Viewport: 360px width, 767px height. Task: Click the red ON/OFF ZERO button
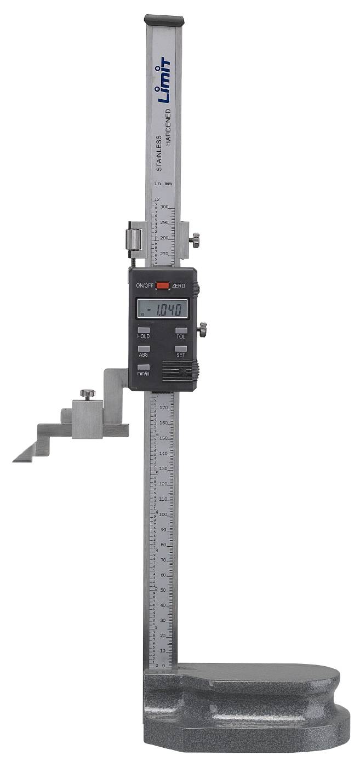(162, 285)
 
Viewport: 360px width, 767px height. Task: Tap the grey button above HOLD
(144, 330)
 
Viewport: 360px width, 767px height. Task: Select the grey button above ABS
(144, 348)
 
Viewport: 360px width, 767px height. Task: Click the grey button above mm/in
(144, 367)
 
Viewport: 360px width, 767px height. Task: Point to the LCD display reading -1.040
(162, 308)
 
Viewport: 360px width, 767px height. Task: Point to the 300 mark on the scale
(164, 207)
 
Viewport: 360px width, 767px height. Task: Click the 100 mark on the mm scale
(163, 514)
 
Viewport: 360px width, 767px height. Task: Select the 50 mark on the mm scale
(163, 590)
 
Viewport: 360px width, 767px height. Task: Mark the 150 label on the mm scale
(163, 438)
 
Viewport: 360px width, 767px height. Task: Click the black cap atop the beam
(164, 20)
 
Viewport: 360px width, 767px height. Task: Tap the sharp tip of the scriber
(14, 461)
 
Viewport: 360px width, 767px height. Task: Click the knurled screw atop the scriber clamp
(87, 394)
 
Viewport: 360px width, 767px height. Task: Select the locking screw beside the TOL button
(202, 329)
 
